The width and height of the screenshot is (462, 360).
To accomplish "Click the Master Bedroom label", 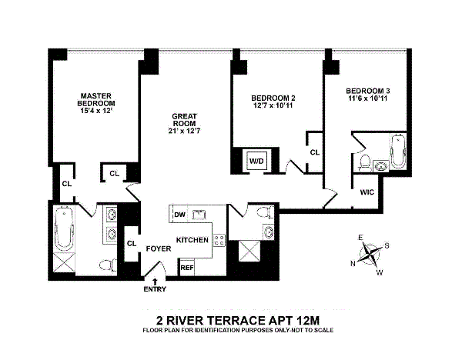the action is click(x=97, y=102).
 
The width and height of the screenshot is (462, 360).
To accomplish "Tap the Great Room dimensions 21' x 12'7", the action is click(x=185, y=131).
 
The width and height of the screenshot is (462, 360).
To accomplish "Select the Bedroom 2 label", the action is click(x=273, y=98).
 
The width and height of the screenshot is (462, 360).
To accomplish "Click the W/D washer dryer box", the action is click(x=255, y=161).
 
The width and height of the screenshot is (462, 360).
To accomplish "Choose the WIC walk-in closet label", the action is click(x=366, y=193).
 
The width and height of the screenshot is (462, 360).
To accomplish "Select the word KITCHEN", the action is click(x=193, y=240).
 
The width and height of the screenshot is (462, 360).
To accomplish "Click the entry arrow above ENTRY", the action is click(x=156, y=282).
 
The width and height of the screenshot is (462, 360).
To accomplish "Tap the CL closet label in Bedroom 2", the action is click(x=314, y=152).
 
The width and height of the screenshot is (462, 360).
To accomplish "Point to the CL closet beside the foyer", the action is click(x=131, y=244).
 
